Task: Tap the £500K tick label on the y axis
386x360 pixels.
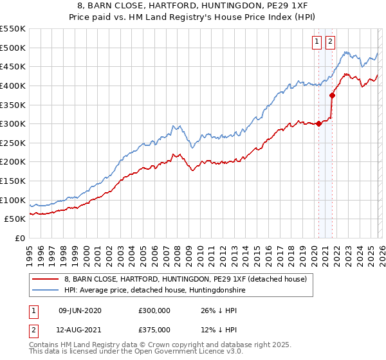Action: pyautogui.click(x=13, y=48)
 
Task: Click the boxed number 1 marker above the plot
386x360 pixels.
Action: pyautogui.click(x=318, y=42)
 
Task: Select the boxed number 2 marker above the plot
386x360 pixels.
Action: pyautogui.click(x=331, y=42)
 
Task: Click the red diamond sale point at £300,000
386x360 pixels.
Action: pyautogui.click(x=319, y=124)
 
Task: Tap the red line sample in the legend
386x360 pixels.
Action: pyautogui.click(x=46, y=280)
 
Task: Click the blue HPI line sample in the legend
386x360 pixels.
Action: pyautogui.click(x=46, y=291)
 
